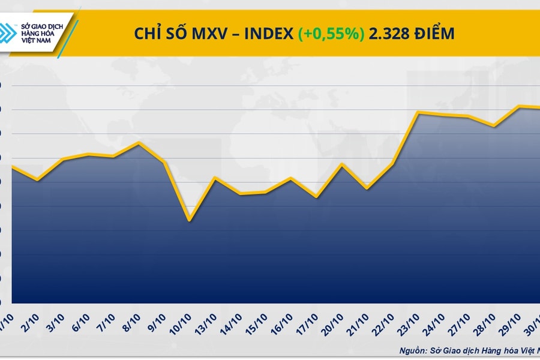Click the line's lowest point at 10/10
coord(190,220)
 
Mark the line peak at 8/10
coord(139,142)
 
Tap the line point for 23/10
coord(418,112)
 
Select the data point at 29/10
coord(520,106)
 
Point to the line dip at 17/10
coord(316,197)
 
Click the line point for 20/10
coord(342,164)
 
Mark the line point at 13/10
coord(215,178)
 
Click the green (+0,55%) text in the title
coord(331,34)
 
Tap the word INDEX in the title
coord(267,34)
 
